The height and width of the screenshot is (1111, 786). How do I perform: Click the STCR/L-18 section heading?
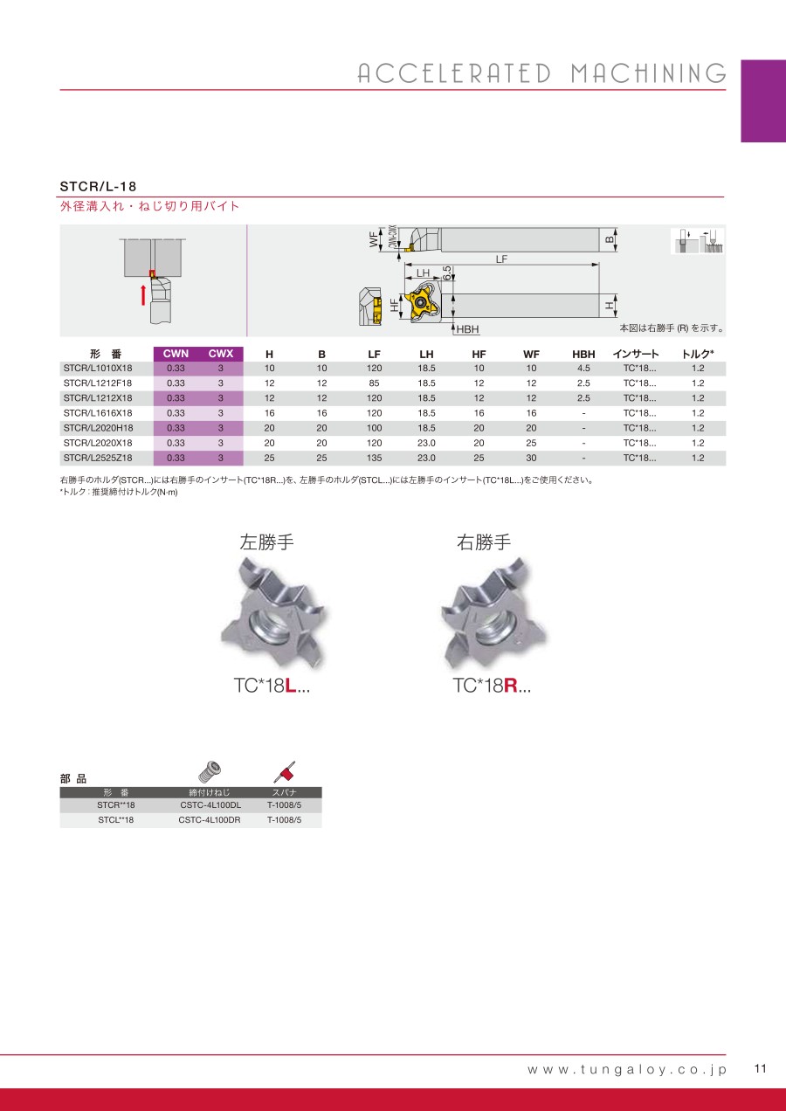pos(98,187)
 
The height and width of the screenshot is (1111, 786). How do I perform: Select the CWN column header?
pos(176,354)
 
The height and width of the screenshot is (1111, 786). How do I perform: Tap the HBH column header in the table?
pos(583,354)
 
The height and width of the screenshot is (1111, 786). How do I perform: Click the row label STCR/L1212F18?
pos(98,383)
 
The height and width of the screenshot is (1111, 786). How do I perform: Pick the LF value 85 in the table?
pos(374,383)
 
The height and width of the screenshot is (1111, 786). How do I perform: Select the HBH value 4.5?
pos(583,368)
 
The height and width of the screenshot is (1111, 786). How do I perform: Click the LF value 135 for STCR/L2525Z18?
pos(374,458)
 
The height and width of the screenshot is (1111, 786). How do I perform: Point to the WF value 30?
pos(531,458)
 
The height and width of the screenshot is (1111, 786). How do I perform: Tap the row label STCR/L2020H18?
pos(98,428)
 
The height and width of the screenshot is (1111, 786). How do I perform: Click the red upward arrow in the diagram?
pos(143,294)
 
